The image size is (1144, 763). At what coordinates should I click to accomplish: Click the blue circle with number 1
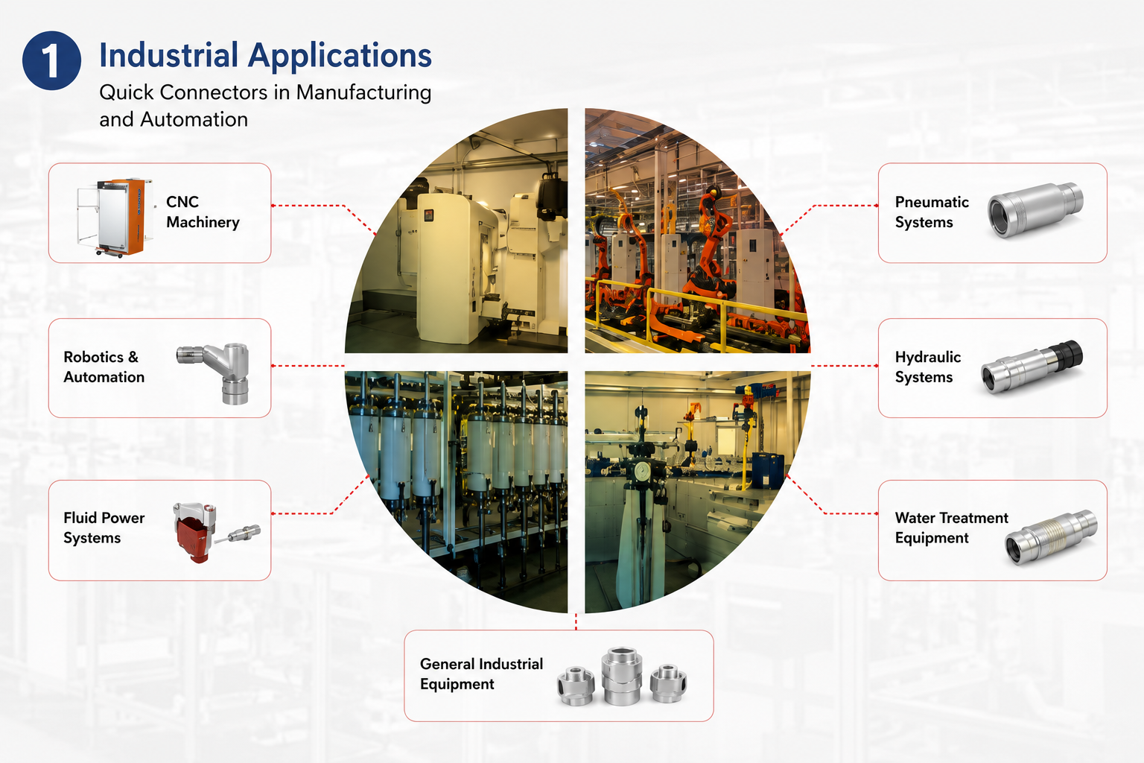[51, 60]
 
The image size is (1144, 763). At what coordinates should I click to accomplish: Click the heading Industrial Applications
[265, 56]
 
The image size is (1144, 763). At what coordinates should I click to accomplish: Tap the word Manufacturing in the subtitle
[363, 92]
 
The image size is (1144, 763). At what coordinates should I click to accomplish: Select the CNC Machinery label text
[203, 212]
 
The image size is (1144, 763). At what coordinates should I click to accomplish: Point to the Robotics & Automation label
[104, 367]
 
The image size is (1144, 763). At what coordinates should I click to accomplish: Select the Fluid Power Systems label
[104, 528]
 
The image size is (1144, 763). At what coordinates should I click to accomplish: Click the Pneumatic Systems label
[932, 212]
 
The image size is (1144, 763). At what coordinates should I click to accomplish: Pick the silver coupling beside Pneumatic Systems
[1035, 209]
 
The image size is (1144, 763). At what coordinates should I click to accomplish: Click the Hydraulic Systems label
[927, 367]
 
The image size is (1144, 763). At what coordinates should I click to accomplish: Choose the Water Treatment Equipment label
[951, 528]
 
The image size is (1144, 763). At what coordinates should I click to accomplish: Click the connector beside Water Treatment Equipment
[1051, 536]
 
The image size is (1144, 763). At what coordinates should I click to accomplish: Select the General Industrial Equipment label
[481, 674]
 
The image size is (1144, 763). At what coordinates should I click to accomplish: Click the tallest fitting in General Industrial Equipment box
[622, 676]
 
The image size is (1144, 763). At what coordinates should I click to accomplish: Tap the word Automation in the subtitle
[194, 119]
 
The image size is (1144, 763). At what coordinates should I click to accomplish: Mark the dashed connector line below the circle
[576, 621]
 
